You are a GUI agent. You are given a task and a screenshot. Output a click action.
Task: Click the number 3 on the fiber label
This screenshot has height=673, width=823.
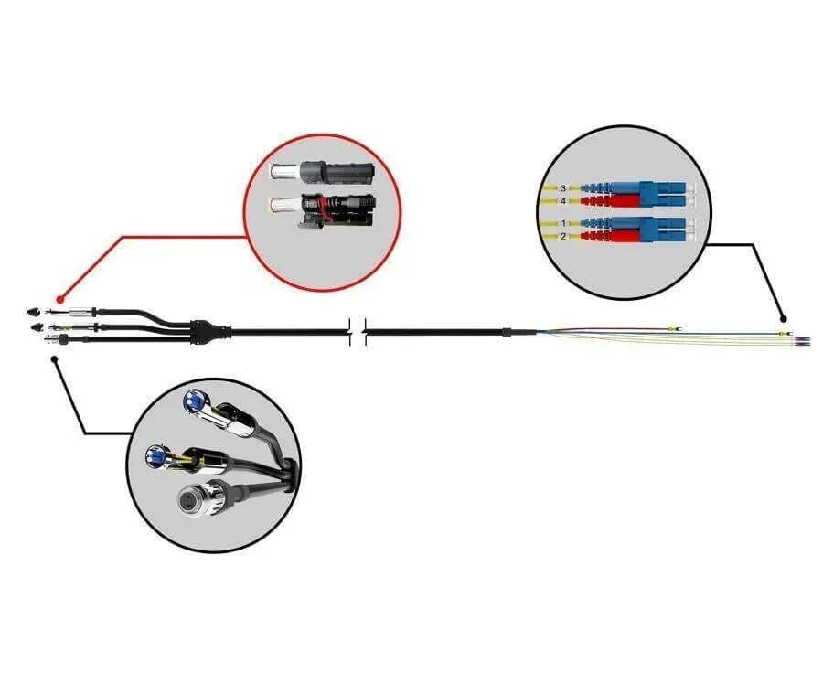point(563,188)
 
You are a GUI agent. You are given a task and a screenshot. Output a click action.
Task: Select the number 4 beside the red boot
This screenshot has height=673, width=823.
point(563,201)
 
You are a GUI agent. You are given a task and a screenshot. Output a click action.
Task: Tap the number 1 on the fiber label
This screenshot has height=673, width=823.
point(563,224)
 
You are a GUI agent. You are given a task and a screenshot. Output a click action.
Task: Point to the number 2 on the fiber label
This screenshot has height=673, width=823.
point(563,237)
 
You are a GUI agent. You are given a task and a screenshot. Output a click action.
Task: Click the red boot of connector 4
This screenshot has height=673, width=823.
point(610,201)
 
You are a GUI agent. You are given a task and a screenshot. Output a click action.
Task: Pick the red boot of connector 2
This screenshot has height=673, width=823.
point(610,236)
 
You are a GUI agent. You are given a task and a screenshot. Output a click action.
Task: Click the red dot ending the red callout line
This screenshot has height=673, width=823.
point(59,300)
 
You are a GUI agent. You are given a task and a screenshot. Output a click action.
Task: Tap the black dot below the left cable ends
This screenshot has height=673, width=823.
point(55,359)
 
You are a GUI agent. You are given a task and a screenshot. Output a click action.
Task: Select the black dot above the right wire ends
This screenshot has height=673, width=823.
point(783,318)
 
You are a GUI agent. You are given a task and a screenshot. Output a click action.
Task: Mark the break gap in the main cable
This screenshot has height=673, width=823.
point(358,332)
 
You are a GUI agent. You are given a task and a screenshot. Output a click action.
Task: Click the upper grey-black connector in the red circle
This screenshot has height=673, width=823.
point(321,172)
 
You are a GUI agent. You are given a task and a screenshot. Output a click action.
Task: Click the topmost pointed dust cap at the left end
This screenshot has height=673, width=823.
point(33,312)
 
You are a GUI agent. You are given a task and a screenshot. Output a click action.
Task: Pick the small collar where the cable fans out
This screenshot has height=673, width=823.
point(506,332)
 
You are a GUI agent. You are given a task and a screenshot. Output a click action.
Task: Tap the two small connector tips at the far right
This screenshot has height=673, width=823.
point(803,342)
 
